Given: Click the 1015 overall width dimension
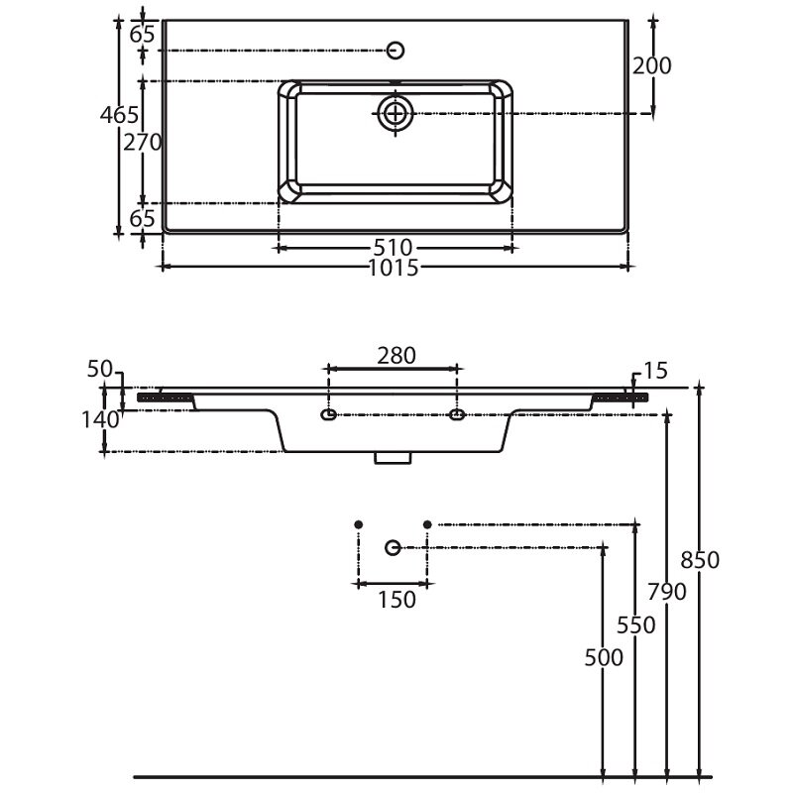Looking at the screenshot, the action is (394, 268).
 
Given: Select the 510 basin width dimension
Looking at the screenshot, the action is (393, 248).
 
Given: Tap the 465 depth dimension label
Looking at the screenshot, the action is (119, 115).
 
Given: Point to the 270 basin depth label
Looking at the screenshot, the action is (143, 143).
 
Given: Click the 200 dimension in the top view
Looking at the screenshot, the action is (652, 65).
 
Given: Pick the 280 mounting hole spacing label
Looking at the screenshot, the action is (396, 356).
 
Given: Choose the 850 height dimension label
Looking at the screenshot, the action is (700, 560).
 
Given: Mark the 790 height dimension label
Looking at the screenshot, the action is (667, 592).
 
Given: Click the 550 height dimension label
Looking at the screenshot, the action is (635, 625).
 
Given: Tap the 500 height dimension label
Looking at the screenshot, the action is (604, 658).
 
